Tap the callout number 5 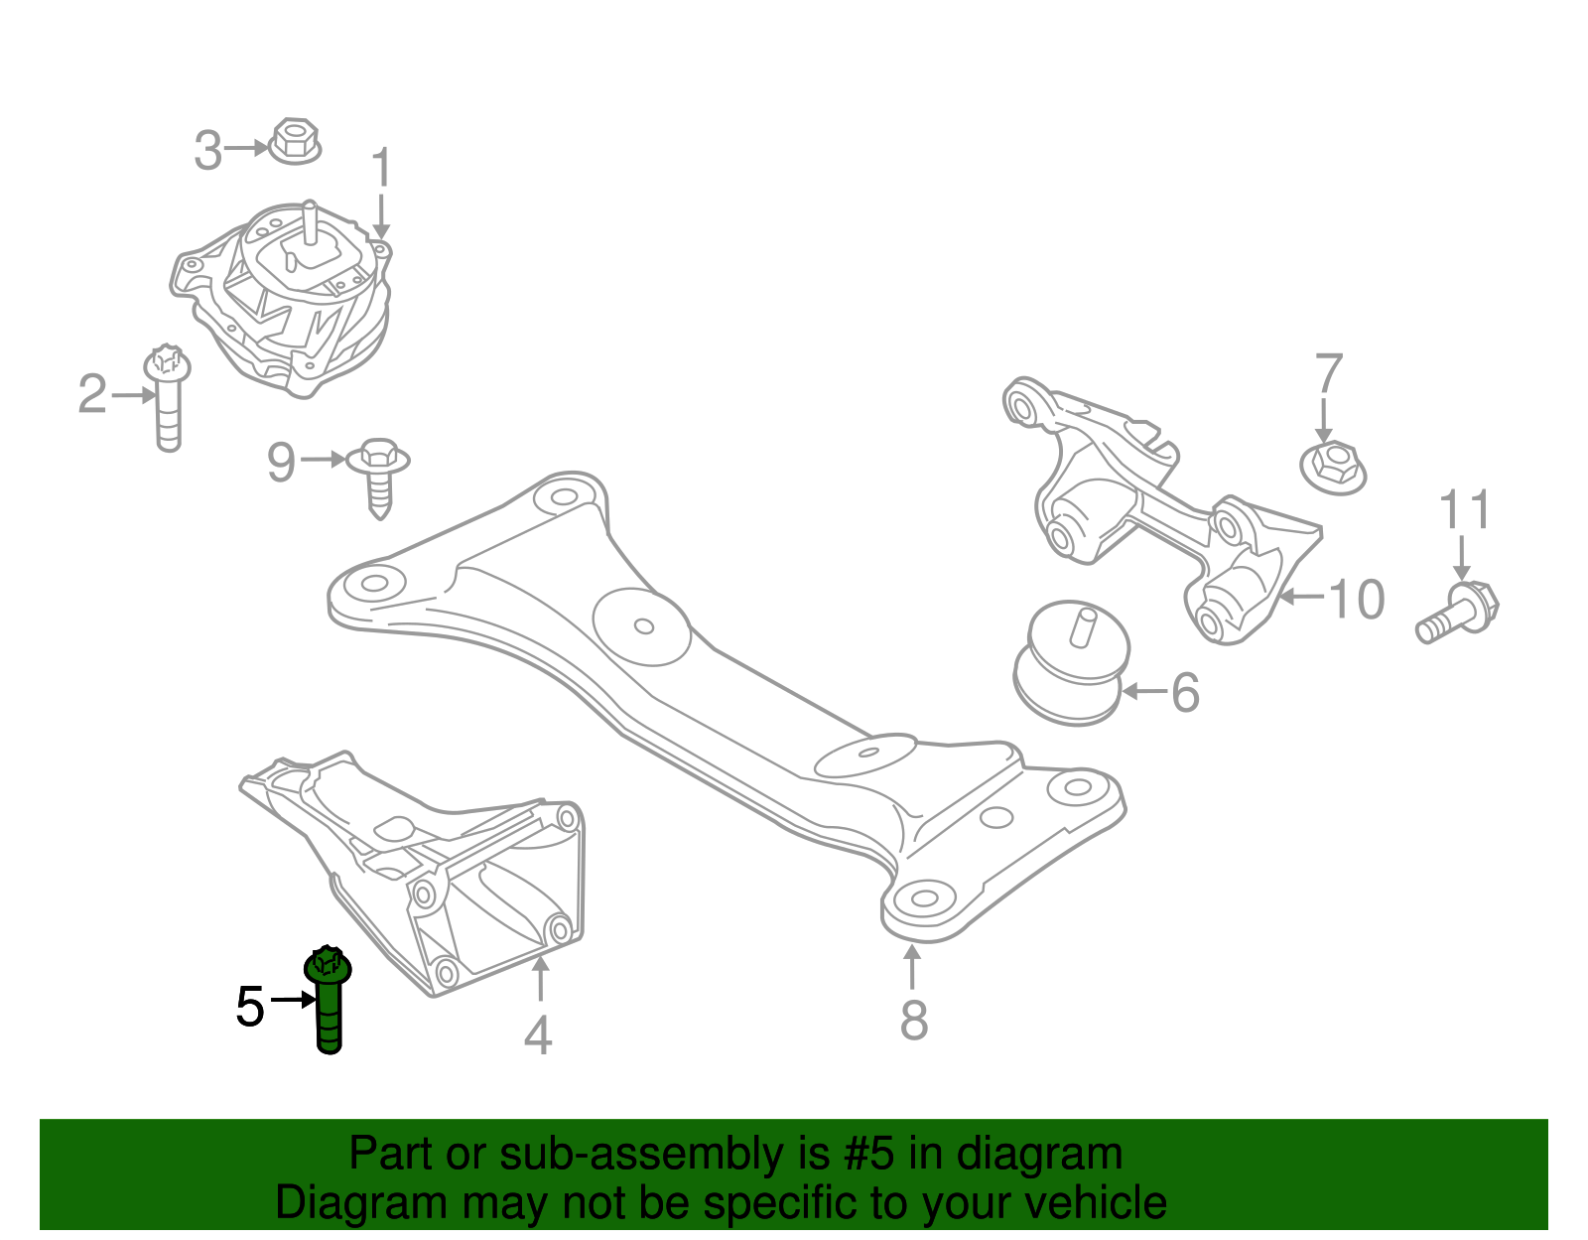(250, 1007)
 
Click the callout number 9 (282, 462)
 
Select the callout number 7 (1328, 374)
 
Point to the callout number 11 (1465, 510)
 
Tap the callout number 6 (1185, 692)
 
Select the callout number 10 (1356, 599)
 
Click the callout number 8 (913, 1019)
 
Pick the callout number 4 (538, 1035)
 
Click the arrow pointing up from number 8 (912, 967)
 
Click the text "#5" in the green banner (869, 1154)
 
